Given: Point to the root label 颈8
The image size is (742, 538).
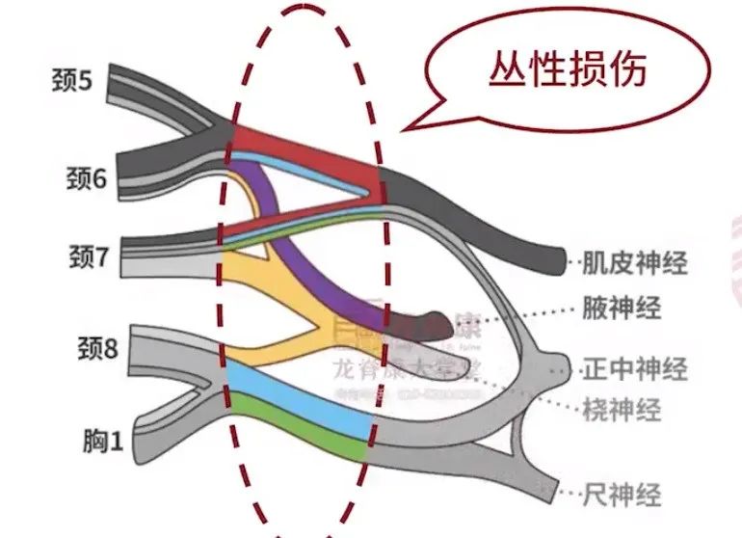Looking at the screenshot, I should pyautogui.click(x=96, y=348).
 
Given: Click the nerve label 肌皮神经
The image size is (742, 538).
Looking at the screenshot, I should pyautogui.click(x=635, y=261).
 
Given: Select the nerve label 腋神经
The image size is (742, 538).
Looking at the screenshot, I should pyautogui.click(x=622, y=309).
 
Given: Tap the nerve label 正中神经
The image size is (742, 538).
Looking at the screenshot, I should pyautogui.click(x=635, y=368).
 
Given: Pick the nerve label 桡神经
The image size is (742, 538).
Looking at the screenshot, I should pyautogui.click(x=622, y=409).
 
